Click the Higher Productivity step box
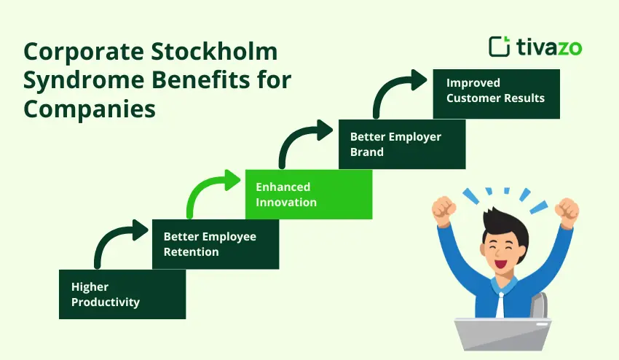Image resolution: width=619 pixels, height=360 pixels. [122, 294]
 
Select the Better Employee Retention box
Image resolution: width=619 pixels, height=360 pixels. [216, 244]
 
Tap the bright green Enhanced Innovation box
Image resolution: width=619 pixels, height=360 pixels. [309, 195]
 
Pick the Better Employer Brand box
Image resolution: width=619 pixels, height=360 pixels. [402, 144]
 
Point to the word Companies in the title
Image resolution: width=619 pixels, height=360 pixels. [89, 108]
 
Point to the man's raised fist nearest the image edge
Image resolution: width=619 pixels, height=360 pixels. [567, 211]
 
